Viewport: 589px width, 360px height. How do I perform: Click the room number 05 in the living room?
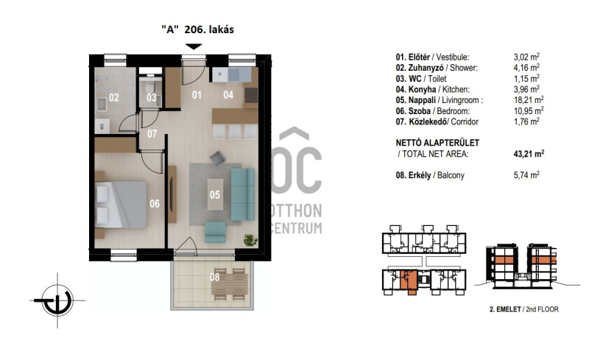pos(214,194)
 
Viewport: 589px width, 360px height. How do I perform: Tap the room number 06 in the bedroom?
pos(155,204)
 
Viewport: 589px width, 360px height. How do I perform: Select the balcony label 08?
pos(214,278)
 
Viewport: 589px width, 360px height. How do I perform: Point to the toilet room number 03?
pos(152,98)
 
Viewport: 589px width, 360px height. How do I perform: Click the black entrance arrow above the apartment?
pos(194,46)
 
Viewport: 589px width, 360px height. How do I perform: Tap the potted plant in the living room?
pos(250,239)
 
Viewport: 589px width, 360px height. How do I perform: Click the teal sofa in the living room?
pos(243,194)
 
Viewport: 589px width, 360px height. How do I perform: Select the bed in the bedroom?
pos(121,205)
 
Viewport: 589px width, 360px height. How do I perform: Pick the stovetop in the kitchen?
pos(251,95)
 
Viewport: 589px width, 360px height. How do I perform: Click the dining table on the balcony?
pos(230,283)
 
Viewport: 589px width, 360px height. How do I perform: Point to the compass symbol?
pos(57,300)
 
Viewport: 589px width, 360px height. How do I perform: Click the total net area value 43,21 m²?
pos(529,154)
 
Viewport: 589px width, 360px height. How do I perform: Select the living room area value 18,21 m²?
pos(528,100)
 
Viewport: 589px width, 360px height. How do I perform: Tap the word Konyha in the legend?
pos(422,89)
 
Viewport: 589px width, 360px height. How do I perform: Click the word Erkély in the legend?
pos(420,175)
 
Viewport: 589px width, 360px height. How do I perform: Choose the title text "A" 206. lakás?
pos(197,29)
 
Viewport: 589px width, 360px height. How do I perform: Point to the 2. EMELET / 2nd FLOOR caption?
pos(524,309)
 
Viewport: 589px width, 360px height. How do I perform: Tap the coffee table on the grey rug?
pos(215,194)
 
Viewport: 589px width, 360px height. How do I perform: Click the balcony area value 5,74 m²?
pos(526,175)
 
